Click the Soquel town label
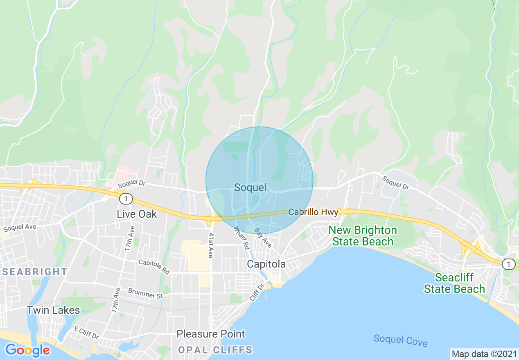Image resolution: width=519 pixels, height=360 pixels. [x=250, y=188]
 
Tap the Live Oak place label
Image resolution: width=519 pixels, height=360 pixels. [x=137, y=214]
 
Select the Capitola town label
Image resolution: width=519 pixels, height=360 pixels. [x=266, y=264]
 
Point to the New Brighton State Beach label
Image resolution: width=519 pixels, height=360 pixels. [x=363, y=236]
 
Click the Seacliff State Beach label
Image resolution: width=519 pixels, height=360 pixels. [x=454, y=283]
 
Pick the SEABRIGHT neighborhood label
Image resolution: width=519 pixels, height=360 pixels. [x=35, y=272]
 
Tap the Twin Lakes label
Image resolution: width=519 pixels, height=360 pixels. [x=53, y=310]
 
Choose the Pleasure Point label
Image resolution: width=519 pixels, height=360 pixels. [x=211, y=334]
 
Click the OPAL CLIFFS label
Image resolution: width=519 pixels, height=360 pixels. [x=215, y=350]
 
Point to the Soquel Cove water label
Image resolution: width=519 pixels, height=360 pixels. [x=400, y=340]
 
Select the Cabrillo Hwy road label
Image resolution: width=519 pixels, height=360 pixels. [x=313, y=212]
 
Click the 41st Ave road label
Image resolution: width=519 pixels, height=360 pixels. [x=211, y=245]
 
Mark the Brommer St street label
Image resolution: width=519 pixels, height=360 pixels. [x=145, y=293]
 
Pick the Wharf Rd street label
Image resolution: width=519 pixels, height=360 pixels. [x=242, y=239]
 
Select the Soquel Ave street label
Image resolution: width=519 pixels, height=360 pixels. [x=20, y=227]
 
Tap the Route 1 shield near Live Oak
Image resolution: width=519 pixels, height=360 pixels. [x=126, y=199]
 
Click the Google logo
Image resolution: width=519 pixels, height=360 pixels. [x=27, y=350]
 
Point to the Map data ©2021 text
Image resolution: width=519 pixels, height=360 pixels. [x=484, y=354]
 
